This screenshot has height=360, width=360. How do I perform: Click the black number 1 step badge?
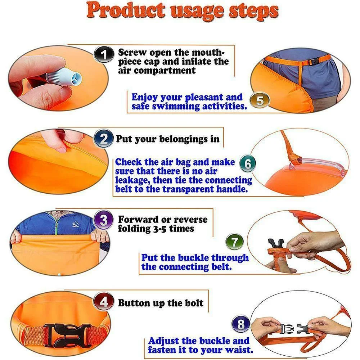(x=104, y=54)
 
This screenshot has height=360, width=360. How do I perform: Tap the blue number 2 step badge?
(x=104, y=139)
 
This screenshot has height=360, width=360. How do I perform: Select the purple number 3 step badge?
(x=104, y=220)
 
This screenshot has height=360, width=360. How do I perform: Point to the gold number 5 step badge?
(x=260, y=100)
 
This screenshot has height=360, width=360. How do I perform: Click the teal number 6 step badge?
(x=248, y=163)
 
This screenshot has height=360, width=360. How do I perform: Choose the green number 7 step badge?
(x=234, y=242)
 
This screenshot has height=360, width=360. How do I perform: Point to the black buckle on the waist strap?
(x=314, y=61)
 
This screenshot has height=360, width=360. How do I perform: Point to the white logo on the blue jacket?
(x=75, y=224)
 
